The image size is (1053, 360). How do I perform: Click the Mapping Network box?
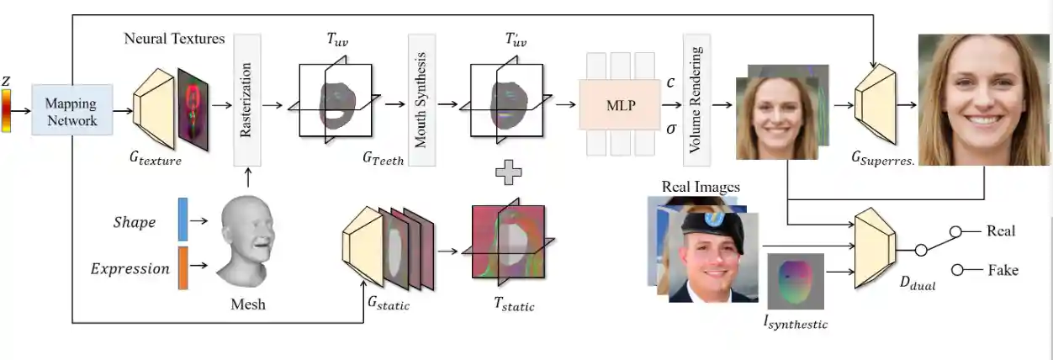coord(72,110)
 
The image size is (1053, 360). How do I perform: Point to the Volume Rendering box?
coord(697,98)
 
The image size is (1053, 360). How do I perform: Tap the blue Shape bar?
coord(183,220)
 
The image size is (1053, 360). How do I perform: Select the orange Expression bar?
coord(183,267)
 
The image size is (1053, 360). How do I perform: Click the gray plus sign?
coord(507,172)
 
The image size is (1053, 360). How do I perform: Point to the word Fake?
coord(1002,270)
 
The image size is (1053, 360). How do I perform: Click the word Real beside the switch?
coord(1001,230)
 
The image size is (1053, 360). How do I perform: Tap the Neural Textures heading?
coord(174,39)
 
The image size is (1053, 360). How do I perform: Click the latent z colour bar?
coord(8,111)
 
